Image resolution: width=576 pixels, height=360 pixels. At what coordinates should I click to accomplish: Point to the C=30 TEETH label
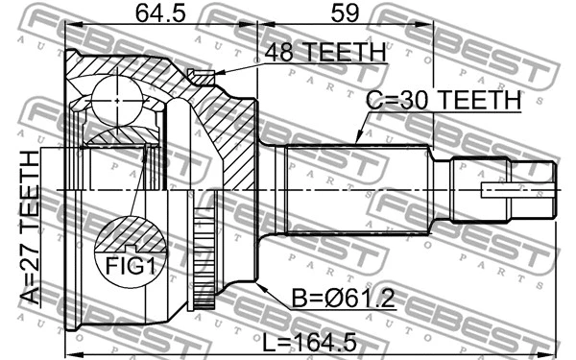(x=443, y=100)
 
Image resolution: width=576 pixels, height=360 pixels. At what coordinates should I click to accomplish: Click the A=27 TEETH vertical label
(x=32, y=228)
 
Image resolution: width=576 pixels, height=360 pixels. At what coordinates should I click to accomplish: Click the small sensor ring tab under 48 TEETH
(x=202, y=76)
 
